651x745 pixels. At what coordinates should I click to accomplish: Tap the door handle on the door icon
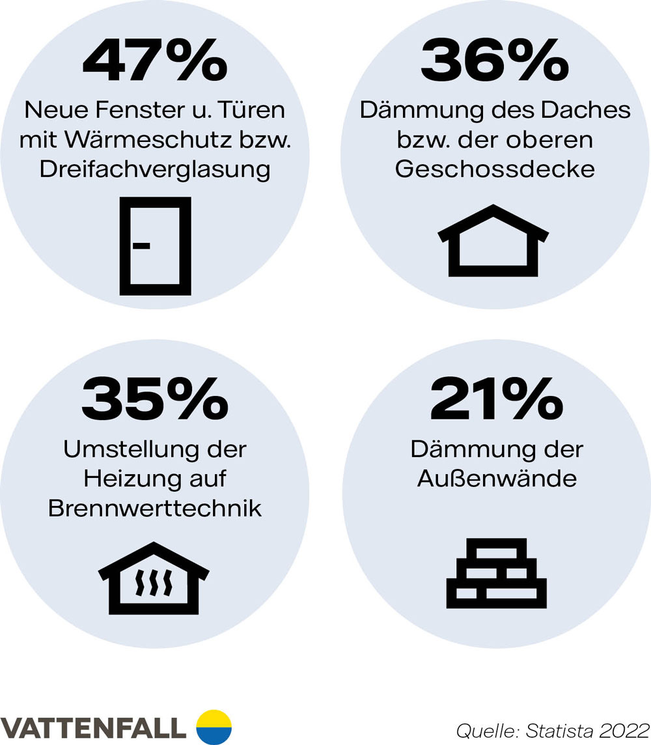tap(141, 246)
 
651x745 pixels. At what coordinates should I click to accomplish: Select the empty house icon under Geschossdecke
tap(493, 240)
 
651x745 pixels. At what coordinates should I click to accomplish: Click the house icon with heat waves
tap(154, 578)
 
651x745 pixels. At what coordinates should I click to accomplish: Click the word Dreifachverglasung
tap(155, 169)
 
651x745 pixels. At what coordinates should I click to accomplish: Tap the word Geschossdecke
tap(495, 169)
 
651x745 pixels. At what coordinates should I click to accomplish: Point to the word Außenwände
tap(497, 479)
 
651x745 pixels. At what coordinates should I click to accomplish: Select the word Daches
tap(593, 110)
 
